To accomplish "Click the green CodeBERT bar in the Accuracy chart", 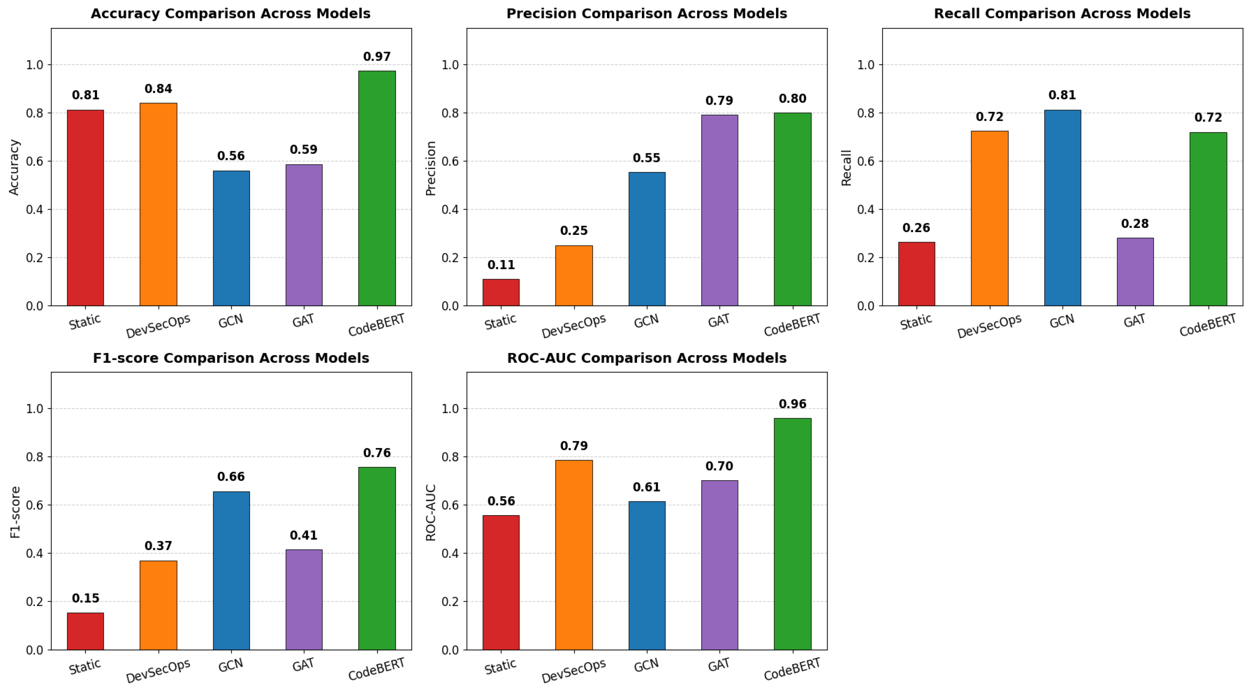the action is click(377, 188).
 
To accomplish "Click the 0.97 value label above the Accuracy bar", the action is click(377, 57).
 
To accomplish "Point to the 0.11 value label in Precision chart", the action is click(501, 265).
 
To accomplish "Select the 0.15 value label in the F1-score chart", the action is click(85, 598).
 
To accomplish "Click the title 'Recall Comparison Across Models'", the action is click(1062, 14).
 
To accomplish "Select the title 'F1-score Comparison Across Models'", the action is click(231, 358).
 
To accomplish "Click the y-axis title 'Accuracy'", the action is click(14, 167).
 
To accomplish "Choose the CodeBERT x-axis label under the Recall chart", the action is click(1207, 325).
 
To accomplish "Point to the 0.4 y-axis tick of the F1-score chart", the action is click(35, 553).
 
